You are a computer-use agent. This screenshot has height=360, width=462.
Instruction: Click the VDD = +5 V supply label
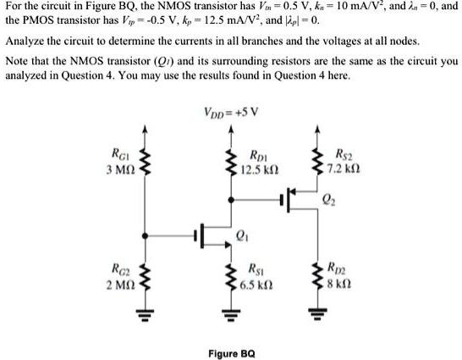230,111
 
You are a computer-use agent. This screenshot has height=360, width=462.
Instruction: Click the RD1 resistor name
260,155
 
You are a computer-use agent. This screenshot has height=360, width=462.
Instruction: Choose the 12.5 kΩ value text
260,169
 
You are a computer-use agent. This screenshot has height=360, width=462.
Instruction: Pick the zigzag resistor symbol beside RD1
228,161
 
